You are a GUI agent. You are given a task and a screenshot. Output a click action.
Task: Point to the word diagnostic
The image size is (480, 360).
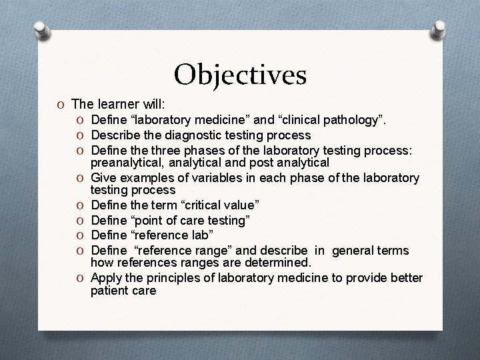click(193, 135)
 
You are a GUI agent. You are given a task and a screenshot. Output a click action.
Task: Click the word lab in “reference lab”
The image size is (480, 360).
click(205, 235)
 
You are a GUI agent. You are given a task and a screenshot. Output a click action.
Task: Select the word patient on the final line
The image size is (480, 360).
click(109, 291)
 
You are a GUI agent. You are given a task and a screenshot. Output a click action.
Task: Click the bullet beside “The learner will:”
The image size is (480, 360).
click(61, 105)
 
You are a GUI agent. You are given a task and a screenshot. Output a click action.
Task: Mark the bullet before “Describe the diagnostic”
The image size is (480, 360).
click(80, 135)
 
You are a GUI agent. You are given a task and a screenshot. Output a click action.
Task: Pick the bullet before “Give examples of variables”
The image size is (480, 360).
click(80, 178)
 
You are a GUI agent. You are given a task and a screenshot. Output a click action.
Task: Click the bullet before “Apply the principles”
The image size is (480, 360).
click(80, 278)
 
